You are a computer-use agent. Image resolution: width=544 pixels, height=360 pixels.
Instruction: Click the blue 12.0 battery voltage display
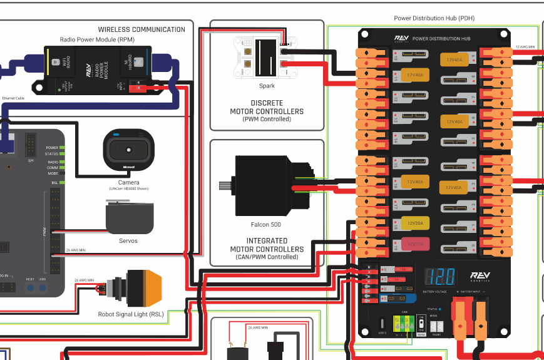pos(439,277)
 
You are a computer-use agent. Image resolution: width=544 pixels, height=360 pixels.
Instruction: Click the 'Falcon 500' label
pos(266,224)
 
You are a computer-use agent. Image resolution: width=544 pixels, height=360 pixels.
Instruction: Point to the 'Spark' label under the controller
pos(267,86)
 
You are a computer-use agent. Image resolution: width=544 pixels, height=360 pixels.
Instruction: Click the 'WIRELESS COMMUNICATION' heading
pos(141,29)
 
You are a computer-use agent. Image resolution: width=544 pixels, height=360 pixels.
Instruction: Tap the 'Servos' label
pos(128,240)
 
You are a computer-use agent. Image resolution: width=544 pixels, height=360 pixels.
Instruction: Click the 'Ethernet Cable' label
pos(13,98)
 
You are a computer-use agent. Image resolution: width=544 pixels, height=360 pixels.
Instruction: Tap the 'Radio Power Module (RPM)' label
pos(97,39)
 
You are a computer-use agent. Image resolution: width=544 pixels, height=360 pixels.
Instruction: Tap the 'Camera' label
pos(128,182)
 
